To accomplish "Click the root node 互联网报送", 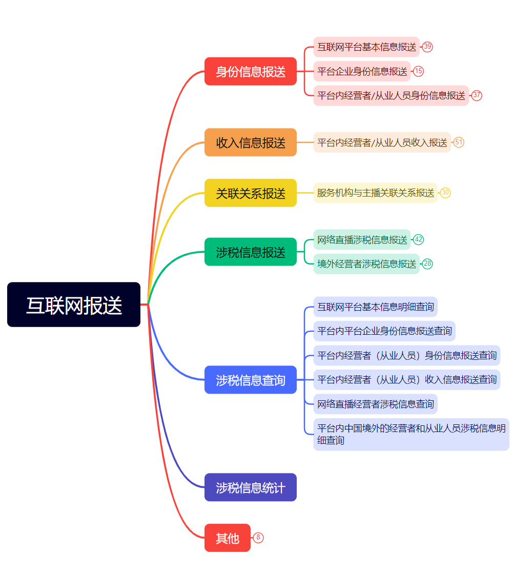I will tap(74, 305).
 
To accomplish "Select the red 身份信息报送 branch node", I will tap(251, 71).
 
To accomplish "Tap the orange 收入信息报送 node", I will tap(251, 142).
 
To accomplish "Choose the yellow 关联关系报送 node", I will tap(251, 193).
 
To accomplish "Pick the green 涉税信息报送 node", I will tap(251, 252).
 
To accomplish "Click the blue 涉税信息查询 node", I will tap(251, 380).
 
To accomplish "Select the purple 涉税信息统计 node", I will tap(251, 487).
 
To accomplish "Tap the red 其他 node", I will tap(228, 538).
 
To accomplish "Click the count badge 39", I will tap(427, 47).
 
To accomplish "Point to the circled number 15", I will tap(419, 71).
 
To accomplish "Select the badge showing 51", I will tap(459, 142).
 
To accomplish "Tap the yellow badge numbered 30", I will tap(445, 193).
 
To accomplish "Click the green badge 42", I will tap(419, 240).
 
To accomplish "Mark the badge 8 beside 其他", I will tap(258, 538).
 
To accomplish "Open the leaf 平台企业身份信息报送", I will tap(362, 71).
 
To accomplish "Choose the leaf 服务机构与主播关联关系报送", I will tap(376, 193).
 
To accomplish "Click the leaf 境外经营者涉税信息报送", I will tap(366, 264).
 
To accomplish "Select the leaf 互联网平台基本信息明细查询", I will tap(376, 307).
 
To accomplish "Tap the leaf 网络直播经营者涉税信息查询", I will tap(376, 404).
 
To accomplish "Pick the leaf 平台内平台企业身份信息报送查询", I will tap(384, 331).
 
